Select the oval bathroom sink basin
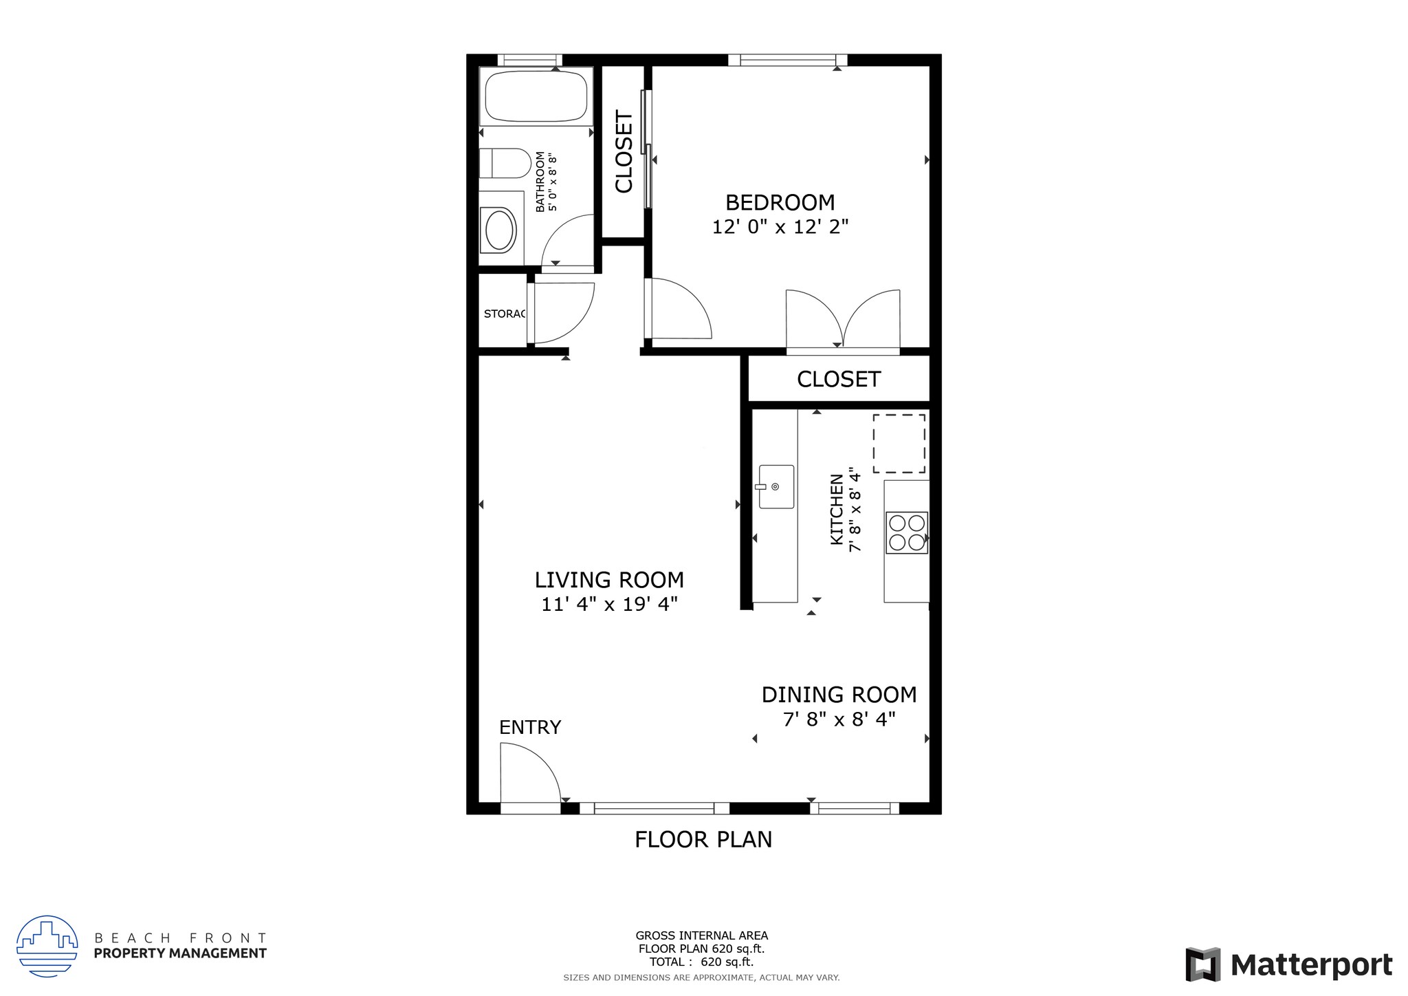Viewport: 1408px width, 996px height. pyautogui.click(x=500, y=230)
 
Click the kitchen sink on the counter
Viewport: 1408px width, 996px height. pyautogui.click(x=776, y=487)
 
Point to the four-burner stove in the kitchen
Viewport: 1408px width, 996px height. pyautogui.click(x=906, y=532)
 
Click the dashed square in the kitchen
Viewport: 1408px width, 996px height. pyautogui.click(x=899, y=444)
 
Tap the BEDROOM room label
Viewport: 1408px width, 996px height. pyautogui.click(x=780, y=203)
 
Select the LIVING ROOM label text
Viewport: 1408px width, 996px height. pyautogui.click(x=609, y=581)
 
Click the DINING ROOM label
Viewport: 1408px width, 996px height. pyautogui.click(x=839, y=695)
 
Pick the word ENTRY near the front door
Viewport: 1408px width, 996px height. pyautogui.click(x=530, y=728)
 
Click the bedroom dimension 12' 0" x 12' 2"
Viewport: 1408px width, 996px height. pyautogui.click(x=780, y=227)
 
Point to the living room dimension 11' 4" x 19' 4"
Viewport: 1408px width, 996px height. pyautogui.click(x=609, y=605)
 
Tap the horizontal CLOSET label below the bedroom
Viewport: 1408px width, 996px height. pyautogui.click(x=839, y=380)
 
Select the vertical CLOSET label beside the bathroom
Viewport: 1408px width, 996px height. pyautogui.click(x=624, y=152)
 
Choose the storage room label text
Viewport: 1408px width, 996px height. pyautogui.click(x=505, y=314)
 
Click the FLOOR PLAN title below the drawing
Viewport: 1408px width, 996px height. pyautogui.click(x=703, y=840)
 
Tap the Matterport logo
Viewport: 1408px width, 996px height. pyautogui.click(x=1289, y=965)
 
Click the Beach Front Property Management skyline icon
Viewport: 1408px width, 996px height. pyautogui.click(x=46, y=946)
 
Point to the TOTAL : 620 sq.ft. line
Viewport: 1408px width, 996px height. pyautogui.click(x=701, y=962)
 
